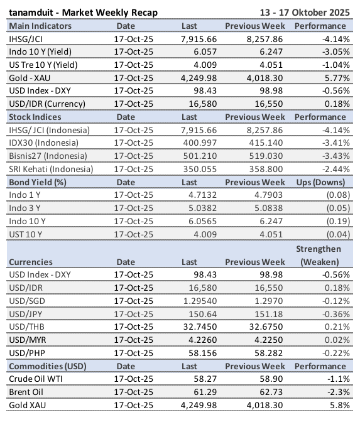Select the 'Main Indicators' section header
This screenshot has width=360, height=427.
[x=40, y=26]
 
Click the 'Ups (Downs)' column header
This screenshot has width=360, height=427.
[x=320, y=181]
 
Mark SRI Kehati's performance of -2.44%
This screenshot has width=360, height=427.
[x=334, y=169]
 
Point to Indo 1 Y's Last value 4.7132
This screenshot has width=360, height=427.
[x=200, y=195]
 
